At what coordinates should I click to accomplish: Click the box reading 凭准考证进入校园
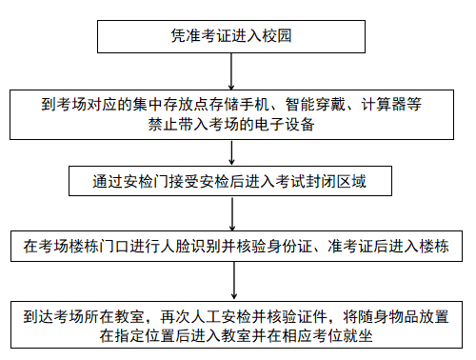[233, 36]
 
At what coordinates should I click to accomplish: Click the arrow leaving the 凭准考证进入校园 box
[233, 70]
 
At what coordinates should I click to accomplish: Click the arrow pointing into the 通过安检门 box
[233, 153]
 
